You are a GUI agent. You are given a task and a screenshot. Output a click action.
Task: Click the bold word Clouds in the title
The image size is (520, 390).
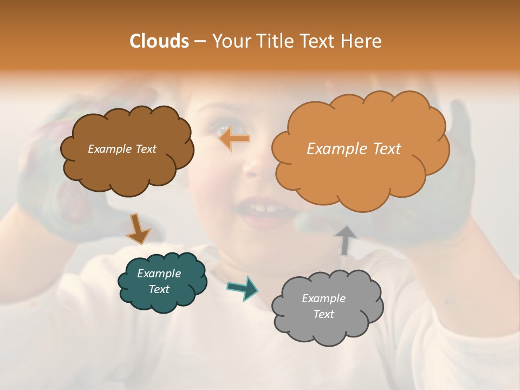159,41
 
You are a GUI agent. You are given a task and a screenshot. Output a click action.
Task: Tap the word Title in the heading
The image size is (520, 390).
275,41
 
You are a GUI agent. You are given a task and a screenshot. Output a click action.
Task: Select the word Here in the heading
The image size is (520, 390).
361,41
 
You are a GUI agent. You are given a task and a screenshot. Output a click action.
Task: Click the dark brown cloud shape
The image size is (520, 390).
127,168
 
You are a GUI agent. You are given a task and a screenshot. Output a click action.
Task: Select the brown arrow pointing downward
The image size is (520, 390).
138,228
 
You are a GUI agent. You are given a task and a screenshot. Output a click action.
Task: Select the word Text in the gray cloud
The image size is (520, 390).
323,314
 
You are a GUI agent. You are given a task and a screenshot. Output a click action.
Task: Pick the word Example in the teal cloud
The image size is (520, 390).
159,274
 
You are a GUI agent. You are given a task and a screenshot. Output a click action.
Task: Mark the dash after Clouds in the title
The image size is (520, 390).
199,41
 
